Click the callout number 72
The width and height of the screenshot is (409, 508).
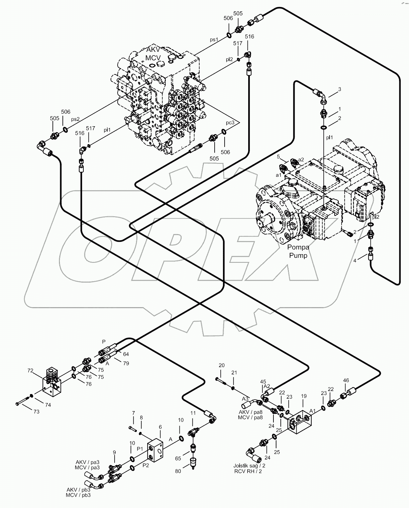30,370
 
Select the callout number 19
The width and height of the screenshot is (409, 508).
304,396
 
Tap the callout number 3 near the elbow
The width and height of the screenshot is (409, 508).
339,89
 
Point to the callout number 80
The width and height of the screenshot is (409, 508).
178,471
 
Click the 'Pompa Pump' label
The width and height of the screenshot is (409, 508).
298,251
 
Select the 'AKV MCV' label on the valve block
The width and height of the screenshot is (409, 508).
153,53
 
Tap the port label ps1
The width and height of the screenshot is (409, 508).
214,39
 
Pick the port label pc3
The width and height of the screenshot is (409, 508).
230,122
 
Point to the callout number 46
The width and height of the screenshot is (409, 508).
346,380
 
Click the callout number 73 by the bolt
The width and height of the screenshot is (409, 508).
36,412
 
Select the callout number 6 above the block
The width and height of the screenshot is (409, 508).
160,427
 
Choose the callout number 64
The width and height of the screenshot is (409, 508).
126,354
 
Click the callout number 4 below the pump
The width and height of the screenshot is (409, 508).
355,260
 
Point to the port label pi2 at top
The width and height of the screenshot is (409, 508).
229,59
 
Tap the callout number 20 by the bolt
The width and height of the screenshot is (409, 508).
222,365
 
